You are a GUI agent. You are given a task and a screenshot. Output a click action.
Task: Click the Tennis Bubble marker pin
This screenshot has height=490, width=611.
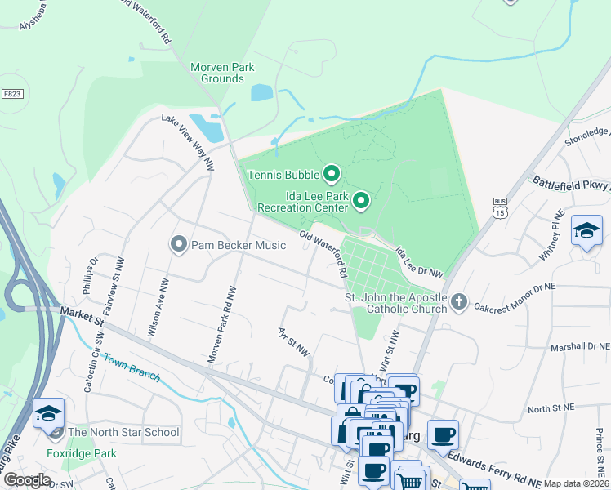click(x=332, y=173)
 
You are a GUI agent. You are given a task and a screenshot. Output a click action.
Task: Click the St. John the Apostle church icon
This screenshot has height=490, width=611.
click(x=459, y=303)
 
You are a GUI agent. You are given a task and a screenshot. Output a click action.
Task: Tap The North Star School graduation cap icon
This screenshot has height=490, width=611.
click(x=49, y=413)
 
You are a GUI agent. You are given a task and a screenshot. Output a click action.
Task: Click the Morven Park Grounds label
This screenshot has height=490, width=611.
click(x=222, y=73)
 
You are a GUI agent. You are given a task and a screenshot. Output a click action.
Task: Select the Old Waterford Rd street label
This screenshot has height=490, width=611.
click(x=323, y=255)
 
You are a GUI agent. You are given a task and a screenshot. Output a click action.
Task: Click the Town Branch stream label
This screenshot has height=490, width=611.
click(x=130, y=368)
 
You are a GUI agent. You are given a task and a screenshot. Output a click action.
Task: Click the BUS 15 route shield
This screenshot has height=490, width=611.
click(x=500, y=207)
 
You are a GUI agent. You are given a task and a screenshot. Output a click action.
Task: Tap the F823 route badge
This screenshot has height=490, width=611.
click(x=12, y=94)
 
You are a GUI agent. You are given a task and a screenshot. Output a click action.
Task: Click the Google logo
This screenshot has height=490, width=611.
click(x=27, y=480)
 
